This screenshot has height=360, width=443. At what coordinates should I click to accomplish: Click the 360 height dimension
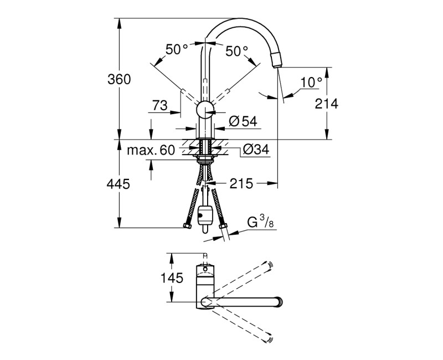(x=120, y=79)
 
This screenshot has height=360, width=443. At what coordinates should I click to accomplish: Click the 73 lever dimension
(x=160, y=105)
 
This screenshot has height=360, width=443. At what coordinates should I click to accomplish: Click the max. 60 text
(x=151, y=150)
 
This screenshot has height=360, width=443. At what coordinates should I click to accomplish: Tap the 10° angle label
(x=311, y=82)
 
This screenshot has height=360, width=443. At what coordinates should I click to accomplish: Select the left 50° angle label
(x=177, y=50)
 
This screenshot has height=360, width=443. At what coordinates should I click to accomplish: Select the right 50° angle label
(x=236, y=52)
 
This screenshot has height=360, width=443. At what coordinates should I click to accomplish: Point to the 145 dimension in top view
(x=172, y=278)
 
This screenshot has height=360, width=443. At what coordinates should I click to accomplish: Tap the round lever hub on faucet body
(x=205, y=109)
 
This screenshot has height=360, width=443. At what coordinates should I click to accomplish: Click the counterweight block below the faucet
(x=204, y=215)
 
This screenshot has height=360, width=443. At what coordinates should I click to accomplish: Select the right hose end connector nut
(x=223, y=225)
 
